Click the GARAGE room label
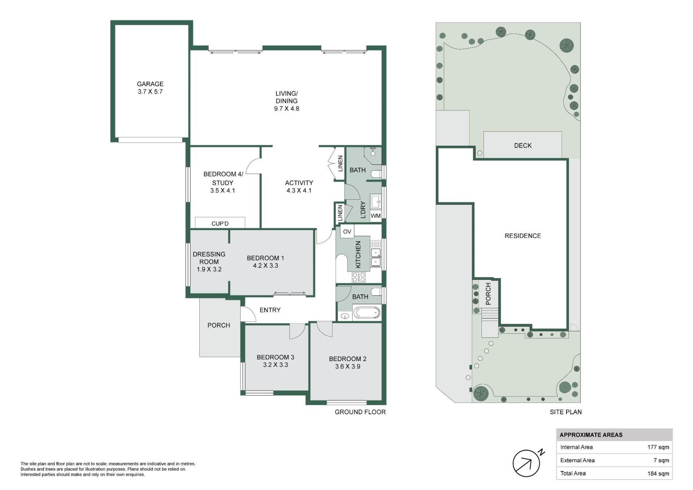pyautogui.click(x=150, y=84)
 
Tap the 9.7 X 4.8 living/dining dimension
pyautogui.click(x=287, y=109)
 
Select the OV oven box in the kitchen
pyautogui.click(x=347, y=231)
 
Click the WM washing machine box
pyautogui.click(x=376, y=216)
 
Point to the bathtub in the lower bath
pyautogui.click(x=367, y=312)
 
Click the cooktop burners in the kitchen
pyautogui.click(x=359, y=277)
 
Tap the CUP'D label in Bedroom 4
pyautogui.click(x=220, y=224)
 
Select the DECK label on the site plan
pyautogui.click(x=523, y=146)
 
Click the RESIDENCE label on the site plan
pyautogui.click(x=523, y=236)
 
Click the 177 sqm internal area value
pyautogui.click(x=658, y=447)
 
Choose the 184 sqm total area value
pyautogui.click(x=658, y=473)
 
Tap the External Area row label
pyautogui.click(x=577, y=460)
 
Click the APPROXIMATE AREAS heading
pyautogui.click(x=591, y=435)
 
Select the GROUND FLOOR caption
pyautogui.click(x=360, y=412)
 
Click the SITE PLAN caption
pyautogui.click(x=566, y=412)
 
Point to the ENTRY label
pyautogui.click(x=270, y=310)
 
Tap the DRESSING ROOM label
pyautogui.click(x=209, y=258)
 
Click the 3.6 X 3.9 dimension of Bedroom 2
pyautogui.click(x=348, y=367)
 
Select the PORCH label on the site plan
pyautogui.click(x=488, y=294)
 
